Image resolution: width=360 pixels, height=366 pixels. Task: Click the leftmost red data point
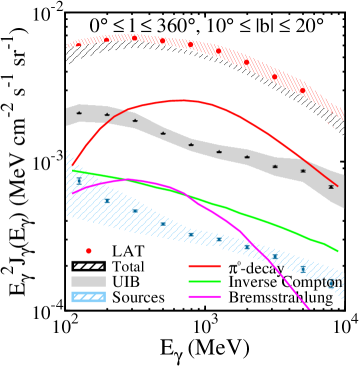(x=78, y=45)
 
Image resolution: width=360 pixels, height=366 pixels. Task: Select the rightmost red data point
(x=303, y=91)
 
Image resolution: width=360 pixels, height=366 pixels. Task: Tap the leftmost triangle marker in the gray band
(x=79, y=113)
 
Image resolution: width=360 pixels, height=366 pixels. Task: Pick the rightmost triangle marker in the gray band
(x=331, y=186)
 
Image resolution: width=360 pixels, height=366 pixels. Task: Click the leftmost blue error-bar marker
(x=79, y=181)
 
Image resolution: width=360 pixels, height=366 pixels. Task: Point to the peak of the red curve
(x=181, y=100)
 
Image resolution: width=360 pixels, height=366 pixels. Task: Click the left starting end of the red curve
(x=73, y=164)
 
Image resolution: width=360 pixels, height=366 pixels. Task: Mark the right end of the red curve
(x=338, y=186)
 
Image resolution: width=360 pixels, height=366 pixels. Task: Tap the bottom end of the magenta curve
(x=310, y=309)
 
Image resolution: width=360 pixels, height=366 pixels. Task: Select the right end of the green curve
(x=338, y=251)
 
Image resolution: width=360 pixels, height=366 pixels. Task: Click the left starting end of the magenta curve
(x=73, y=193)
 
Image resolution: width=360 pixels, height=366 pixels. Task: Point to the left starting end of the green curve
(x=73, y=170)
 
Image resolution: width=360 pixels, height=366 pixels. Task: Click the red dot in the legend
(x=88, y=251)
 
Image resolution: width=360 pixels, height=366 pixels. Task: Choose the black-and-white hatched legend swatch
(x=88, y=266)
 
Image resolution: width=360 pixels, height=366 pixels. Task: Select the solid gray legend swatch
(x=88, y=281)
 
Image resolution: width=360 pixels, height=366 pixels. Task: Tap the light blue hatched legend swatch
(x=88, y=297)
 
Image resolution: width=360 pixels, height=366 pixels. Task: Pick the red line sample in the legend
(x=204, y=266)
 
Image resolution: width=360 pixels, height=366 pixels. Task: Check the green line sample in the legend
(x=204, y=281)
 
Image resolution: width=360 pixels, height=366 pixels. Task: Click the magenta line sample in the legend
(x=204, y=297)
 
